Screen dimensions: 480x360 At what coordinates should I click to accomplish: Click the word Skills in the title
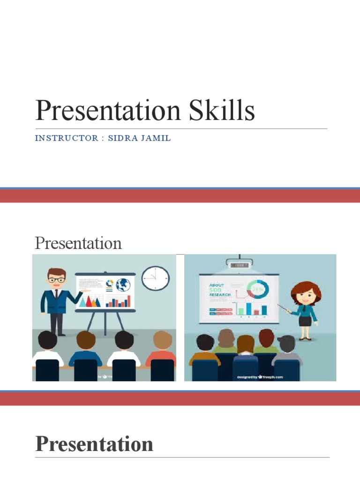222,112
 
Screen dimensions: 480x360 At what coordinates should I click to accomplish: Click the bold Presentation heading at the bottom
94,443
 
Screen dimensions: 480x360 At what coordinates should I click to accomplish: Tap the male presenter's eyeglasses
57,280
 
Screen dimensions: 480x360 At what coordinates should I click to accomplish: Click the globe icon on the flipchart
123,285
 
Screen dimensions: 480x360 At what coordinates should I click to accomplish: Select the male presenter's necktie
56,295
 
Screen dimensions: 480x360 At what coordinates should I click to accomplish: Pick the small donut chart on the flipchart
110,285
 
